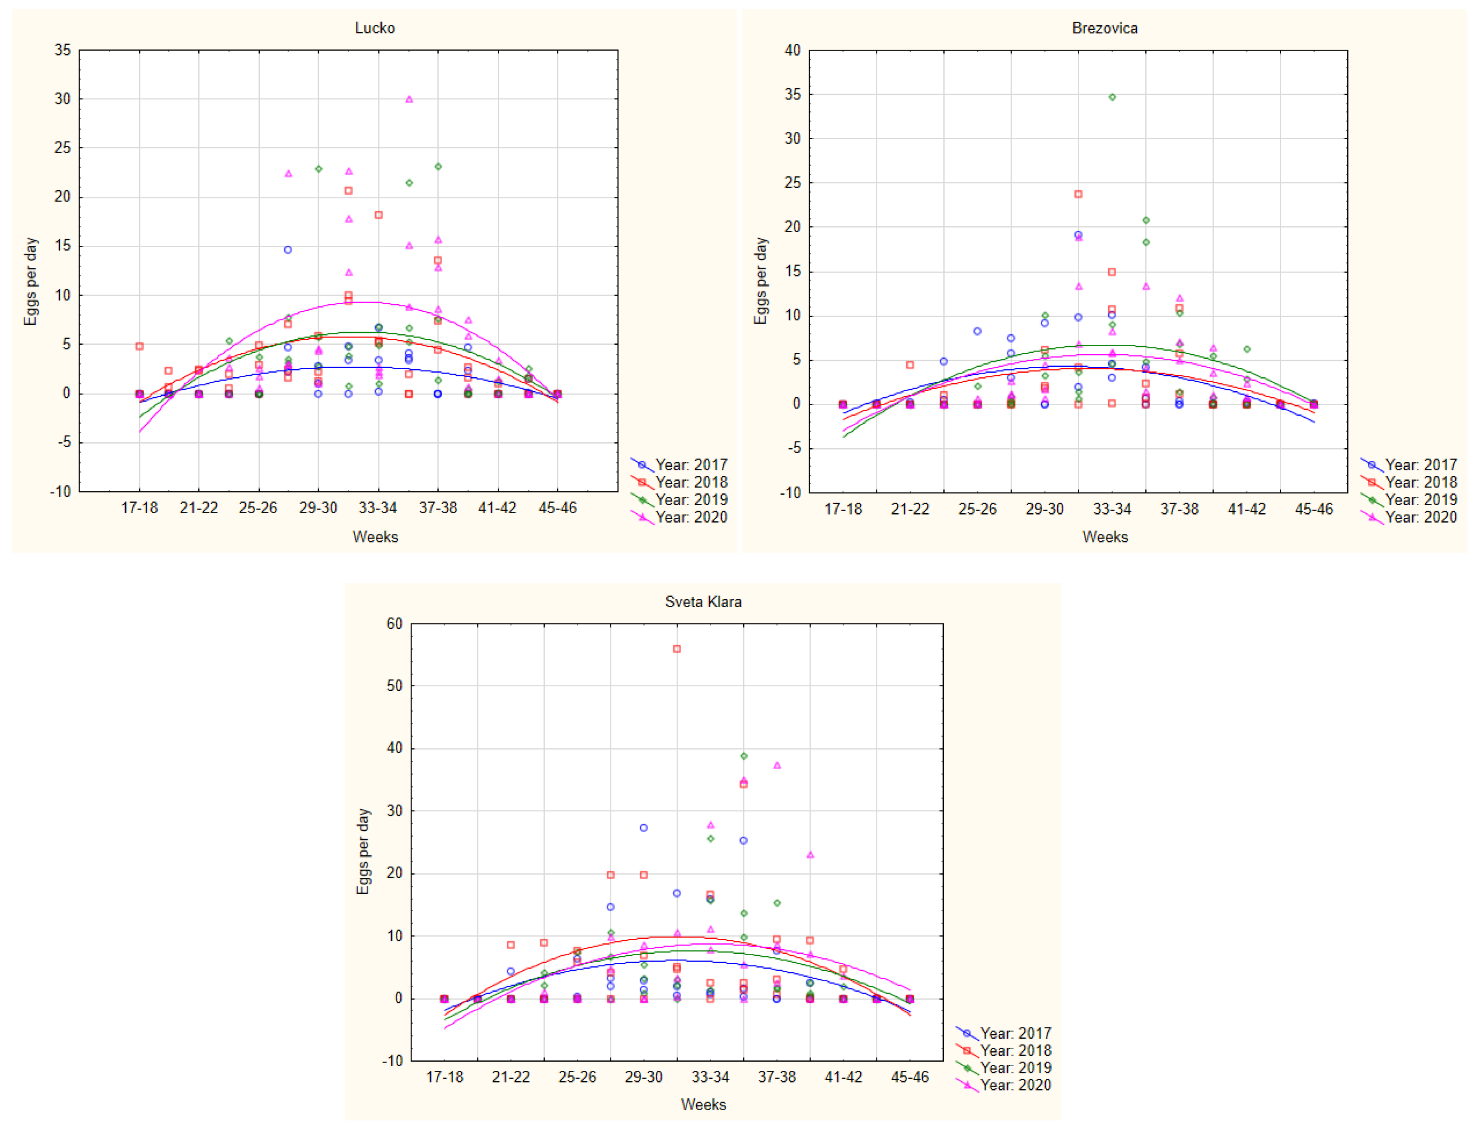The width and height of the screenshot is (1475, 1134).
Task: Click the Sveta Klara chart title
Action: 703,601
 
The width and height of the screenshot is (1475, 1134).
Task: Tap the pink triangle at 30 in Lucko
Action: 409,99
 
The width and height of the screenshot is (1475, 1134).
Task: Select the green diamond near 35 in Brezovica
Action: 1112,97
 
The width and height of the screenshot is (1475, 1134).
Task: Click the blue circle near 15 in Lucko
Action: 288,250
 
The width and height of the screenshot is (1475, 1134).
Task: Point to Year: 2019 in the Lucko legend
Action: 691,500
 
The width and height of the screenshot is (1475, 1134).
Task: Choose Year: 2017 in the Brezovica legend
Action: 1420,464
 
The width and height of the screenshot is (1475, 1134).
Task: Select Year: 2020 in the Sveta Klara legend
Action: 1015,1085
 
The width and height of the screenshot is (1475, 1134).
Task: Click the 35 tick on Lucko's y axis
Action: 63,50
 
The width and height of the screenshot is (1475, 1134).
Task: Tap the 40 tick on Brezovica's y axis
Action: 792,50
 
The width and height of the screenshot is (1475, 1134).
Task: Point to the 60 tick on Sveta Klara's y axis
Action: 394,623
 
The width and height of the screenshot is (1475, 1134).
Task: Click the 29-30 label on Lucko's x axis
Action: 318,508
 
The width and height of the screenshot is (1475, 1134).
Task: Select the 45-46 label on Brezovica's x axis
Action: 1314,509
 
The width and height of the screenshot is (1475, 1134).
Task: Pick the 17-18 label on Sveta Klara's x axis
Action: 444,1077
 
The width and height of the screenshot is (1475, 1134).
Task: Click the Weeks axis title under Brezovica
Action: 1105,537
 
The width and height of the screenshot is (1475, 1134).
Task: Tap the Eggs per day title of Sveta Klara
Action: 363,851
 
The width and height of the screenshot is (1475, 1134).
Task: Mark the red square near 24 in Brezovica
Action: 1078,194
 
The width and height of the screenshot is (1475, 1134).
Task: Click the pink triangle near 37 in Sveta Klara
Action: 777,765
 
